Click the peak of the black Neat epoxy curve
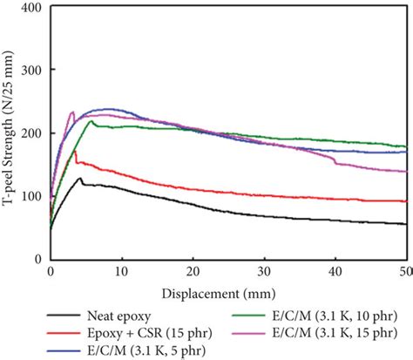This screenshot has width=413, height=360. coord(80,178)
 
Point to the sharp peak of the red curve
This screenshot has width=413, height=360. coord(75,152)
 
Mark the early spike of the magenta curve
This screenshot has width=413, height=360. coord(72,112)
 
